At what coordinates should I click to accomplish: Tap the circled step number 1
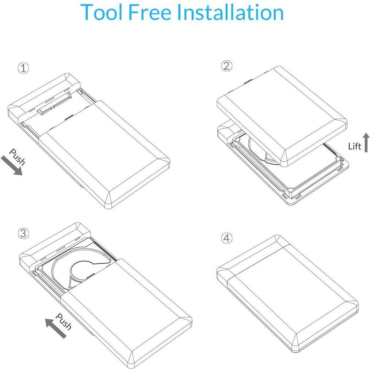point(23,68)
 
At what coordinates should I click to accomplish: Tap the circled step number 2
point(226,66)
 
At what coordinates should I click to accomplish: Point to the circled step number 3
point(23,233)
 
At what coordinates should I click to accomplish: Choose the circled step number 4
point(226,238)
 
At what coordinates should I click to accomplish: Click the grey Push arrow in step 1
point(11,166)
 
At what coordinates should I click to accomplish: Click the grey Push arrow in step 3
point(56,328)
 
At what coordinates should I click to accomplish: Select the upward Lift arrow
point(366,142)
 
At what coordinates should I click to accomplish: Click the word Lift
point(354,146)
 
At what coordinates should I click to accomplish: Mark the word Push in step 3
point(64,322)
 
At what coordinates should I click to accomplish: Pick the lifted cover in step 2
point(282,116)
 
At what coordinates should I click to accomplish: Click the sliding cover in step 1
point(104,154)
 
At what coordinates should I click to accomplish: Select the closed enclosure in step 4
point(287,294)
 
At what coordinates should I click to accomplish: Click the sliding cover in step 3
point(127,313)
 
